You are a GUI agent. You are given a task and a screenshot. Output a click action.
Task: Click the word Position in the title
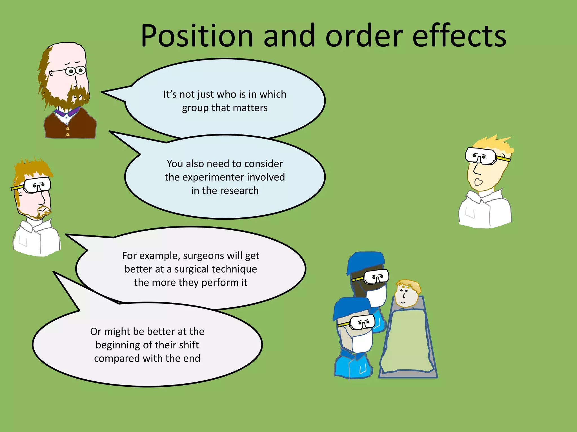pyautogui.click(x=197, y=36)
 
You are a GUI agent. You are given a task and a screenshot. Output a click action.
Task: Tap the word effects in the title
pyautogui.click(x=459, y=36)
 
